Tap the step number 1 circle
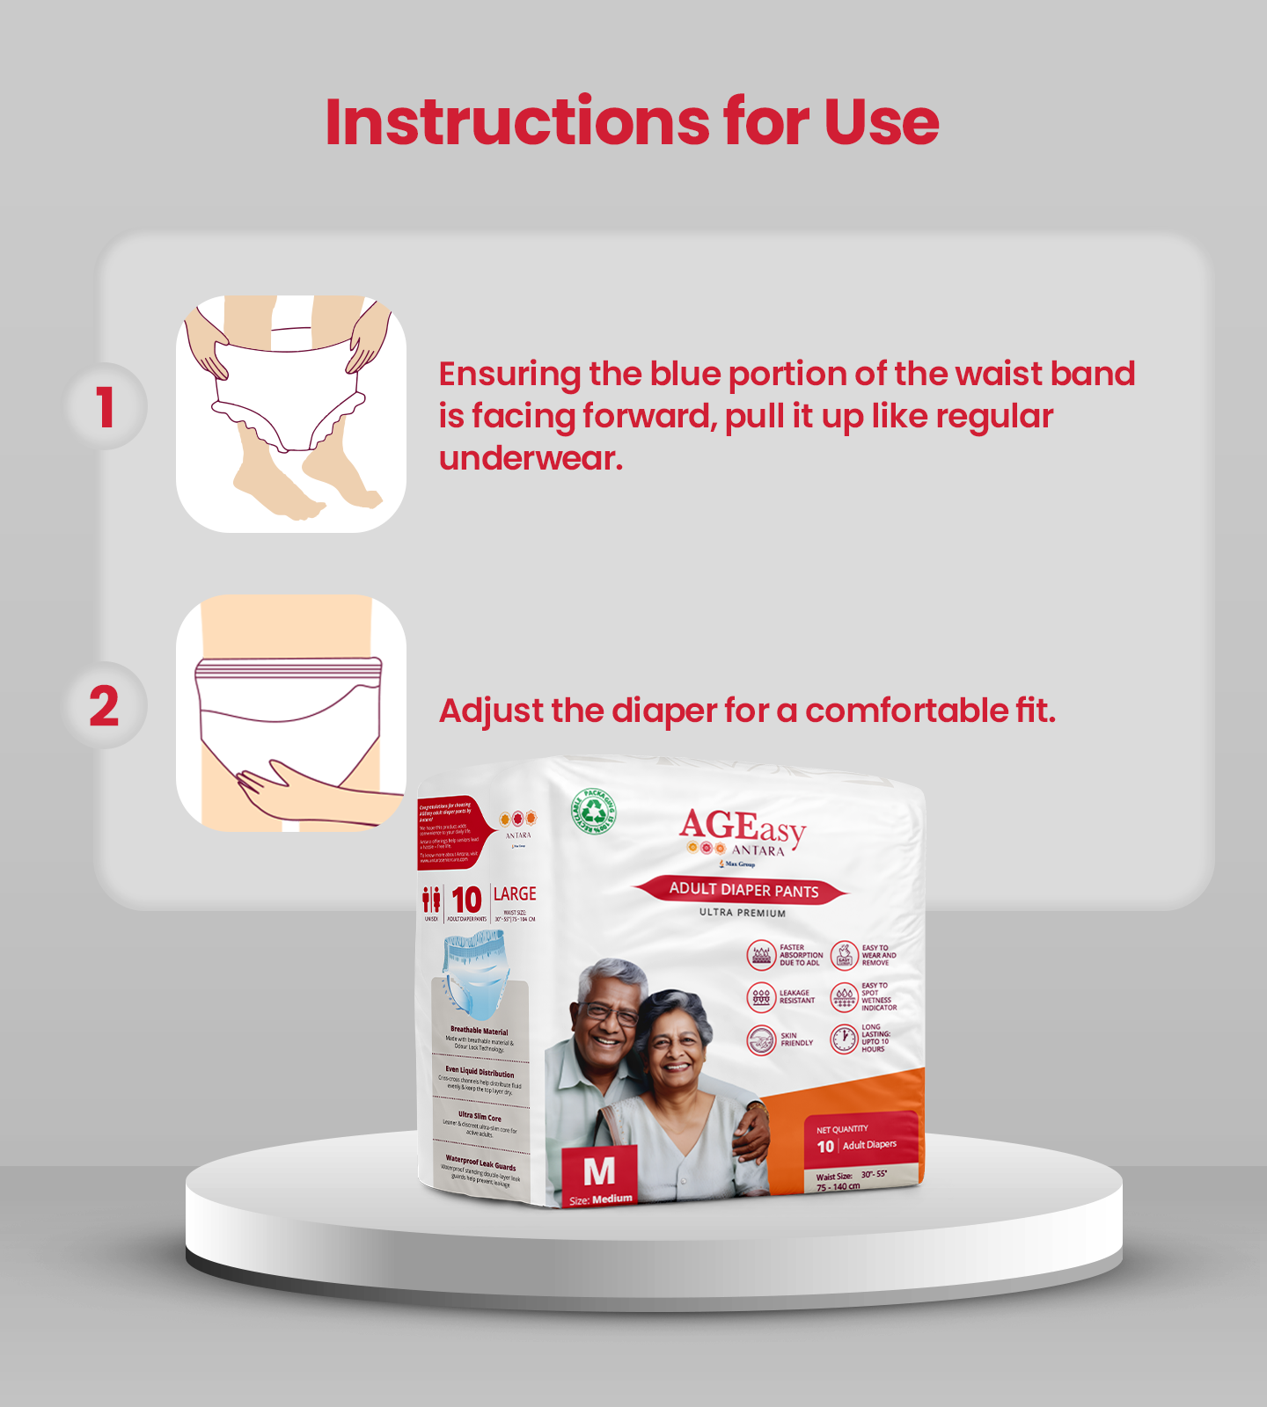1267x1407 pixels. pos(106,407)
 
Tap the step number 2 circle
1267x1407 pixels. pos(105,706)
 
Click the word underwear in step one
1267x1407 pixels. pos(530,458)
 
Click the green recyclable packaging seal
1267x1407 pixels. pos(594,811)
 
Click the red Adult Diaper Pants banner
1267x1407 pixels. pos(743,890)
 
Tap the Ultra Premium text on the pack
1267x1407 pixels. pos(743,913)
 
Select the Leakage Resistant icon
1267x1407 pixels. pos(761,997)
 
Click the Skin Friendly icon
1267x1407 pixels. pos(761,1040)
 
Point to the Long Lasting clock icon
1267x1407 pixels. pos(844,1039)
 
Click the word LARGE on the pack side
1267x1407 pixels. pos(515,894)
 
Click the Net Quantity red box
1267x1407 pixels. pos(861,1139)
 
